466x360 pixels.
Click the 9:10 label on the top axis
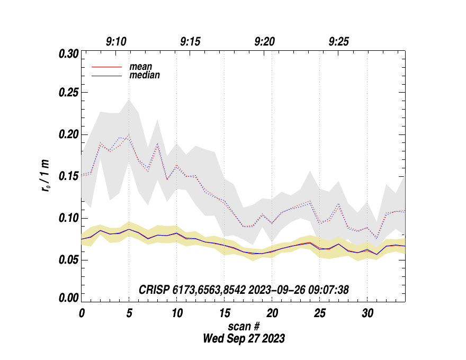pos(116,41)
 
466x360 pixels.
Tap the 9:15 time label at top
pos(191,41)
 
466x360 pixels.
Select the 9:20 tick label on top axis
pos(265,41)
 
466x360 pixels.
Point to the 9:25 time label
pos(339,41)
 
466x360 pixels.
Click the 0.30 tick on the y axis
pos(68,53)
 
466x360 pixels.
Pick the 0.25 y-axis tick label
pos(68,93)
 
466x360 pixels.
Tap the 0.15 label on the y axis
pos(68,177)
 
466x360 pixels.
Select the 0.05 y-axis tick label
pos(68,260)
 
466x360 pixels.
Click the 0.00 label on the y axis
pos(68,299)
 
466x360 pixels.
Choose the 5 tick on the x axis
pos(129,313)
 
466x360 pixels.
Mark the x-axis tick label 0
pos(82,313)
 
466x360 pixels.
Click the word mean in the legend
pos(141,67)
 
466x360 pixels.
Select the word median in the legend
pos(145,76)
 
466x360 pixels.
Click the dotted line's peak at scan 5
pos(129,135)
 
